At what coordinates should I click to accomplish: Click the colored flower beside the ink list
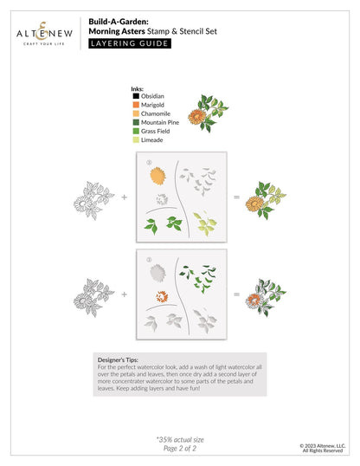(208, 113)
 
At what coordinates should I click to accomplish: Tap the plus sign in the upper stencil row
(124, 197)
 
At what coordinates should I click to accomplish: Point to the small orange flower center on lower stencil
(158, 298)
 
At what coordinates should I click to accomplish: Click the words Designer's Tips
(118, 357)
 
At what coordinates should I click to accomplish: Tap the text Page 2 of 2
(180, 449)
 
